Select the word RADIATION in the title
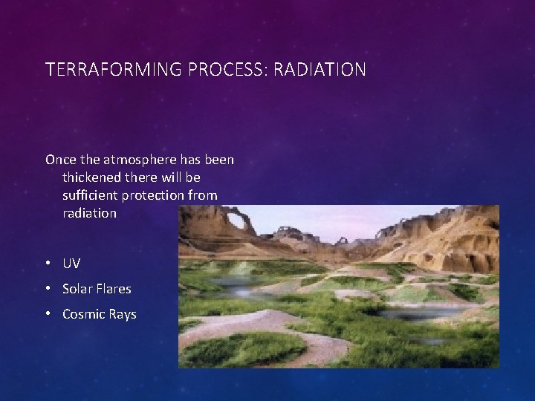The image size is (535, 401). pos(320,71)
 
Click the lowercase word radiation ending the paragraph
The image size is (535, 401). pos(90,213)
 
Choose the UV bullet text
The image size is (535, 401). pos(71,264)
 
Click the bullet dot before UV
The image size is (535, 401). pos(48,264)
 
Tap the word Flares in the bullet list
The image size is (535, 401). pos(115,289)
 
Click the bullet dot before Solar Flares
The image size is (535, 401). pos(48,289)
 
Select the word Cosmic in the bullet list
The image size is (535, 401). pos(85,314)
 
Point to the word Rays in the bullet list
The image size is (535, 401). pos(123,314)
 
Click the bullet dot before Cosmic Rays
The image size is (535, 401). pos(48,314)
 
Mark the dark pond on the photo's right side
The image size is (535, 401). pos(412,313)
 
